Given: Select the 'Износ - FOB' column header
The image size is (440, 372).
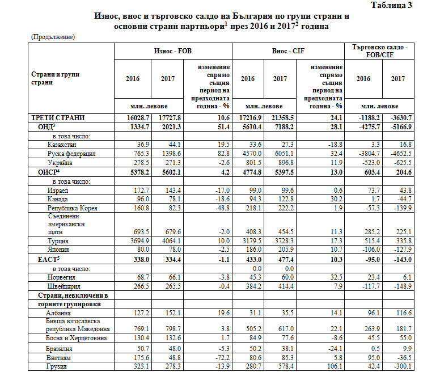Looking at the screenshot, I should pos(173,50).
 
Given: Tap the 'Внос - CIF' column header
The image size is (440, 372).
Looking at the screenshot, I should pos(289,50).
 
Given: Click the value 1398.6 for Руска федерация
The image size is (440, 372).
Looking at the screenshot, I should pos(171,154).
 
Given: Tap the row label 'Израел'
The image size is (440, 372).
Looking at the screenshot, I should pos(59,190).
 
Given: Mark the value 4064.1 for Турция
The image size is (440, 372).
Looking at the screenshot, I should pos(171,240).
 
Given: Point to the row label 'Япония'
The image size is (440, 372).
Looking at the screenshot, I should pos(60,249).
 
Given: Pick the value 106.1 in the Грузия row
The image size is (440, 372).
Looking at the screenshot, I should pos(332,367).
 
